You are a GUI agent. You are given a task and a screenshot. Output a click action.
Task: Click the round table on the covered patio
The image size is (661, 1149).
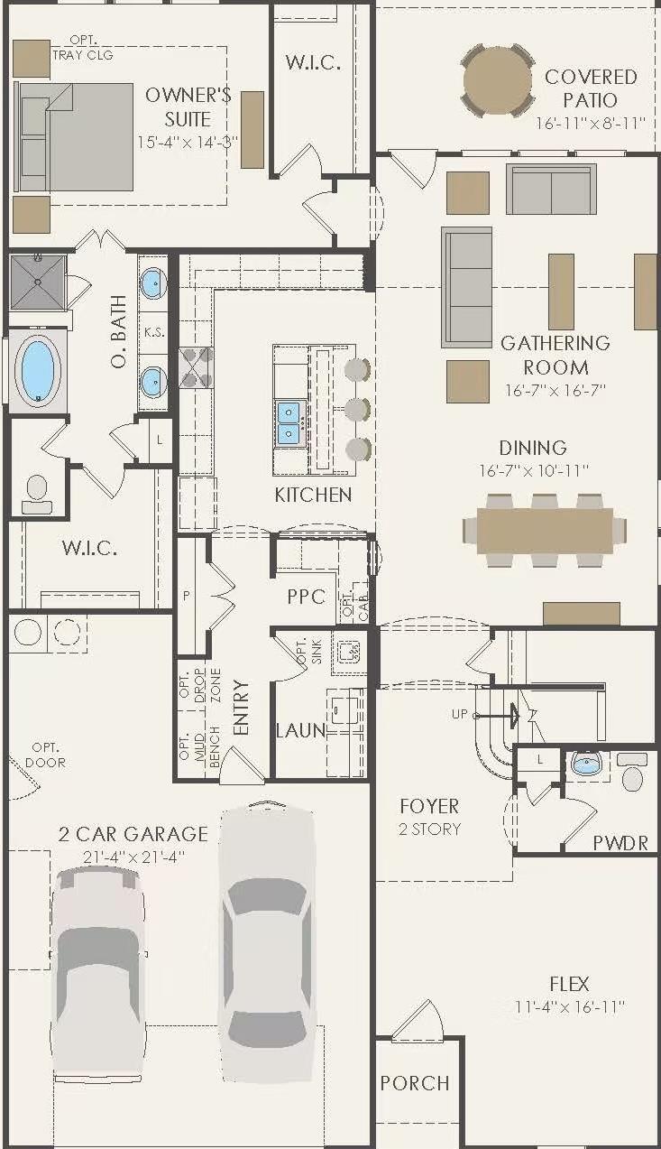pyautogui.click(x=498, y=79)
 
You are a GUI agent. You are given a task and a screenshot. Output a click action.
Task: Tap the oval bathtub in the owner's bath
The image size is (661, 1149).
pyautogui.click(x=38, y=369)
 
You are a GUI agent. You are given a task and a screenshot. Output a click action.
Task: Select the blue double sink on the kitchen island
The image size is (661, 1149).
pyautogui.click(x=289, y=422)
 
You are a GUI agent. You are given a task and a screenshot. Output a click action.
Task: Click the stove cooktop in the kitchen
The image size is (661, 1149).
pyautogui.click(x=197, y=367)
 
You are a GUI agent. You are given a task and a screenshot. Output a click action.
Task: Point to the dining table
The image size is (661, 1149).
pyautogui.click(x=543, y=530)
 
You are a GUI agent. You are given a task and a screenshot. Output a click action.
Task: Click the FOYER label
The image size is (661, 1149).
pyautogui.click(x=429, y=806)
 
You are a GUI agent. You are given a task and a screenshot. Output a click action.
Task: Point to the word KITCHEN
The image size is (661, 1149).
pyautogui.click(x=313, y=495)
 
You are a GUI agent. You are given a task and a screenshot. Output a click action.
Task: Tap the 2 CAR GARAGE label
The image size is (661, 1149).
pyautogui.click(x=133, y=834)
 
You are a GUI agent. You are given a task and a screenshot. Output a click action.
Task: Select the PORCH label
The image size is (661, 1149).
pyautogui.click(x=414, y=1083)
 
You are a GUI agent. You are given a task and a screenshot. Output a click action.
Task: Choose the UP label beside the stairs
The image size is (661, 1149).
pyautogui.click(x=460, y=714)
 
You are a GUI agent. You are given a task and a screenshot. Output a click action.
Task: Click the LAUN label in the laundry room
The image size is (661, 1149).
pyautogui.click(x=300, y=730)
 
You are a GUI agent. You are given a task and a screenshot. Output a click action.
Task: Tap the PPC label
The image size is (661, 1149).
pyautogui.click(x=306, y=597)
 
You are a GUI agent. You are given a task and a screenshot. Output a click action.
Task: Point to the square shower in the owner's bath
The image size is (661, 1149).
pyautogui.click(x=38, y=281)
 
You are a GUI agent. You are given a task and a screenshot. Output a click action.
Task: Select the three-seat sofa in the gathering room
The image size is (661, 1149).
pyautogui.click(x=466, y=287)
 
